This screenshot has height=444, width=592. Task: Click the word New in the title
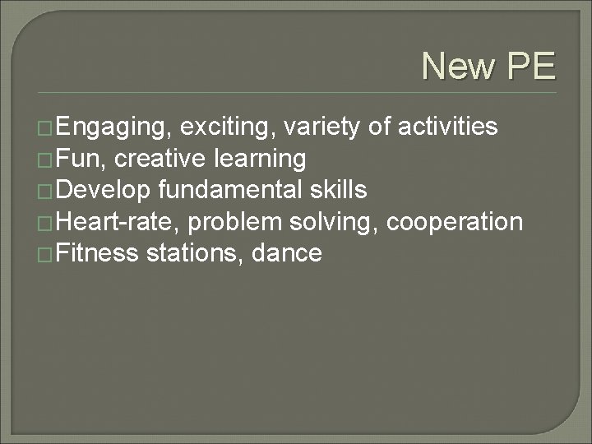pyautogui.click(x=460, y=67)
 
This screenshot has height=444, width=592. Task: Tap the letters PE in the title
pyautogui.click(x=531, y=67)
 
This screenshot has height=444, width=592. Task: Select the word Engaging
pyautogui.click(x=114, y=127)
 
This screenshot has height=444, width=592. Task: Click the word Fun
pyautogui.click(x=81, y=159)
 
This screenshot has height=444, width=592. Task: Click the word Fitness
pyautogui.click(x=99, y=253)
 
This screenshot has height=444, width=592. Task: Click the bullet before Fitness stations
pyautogui.click(x=48, y=254)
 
